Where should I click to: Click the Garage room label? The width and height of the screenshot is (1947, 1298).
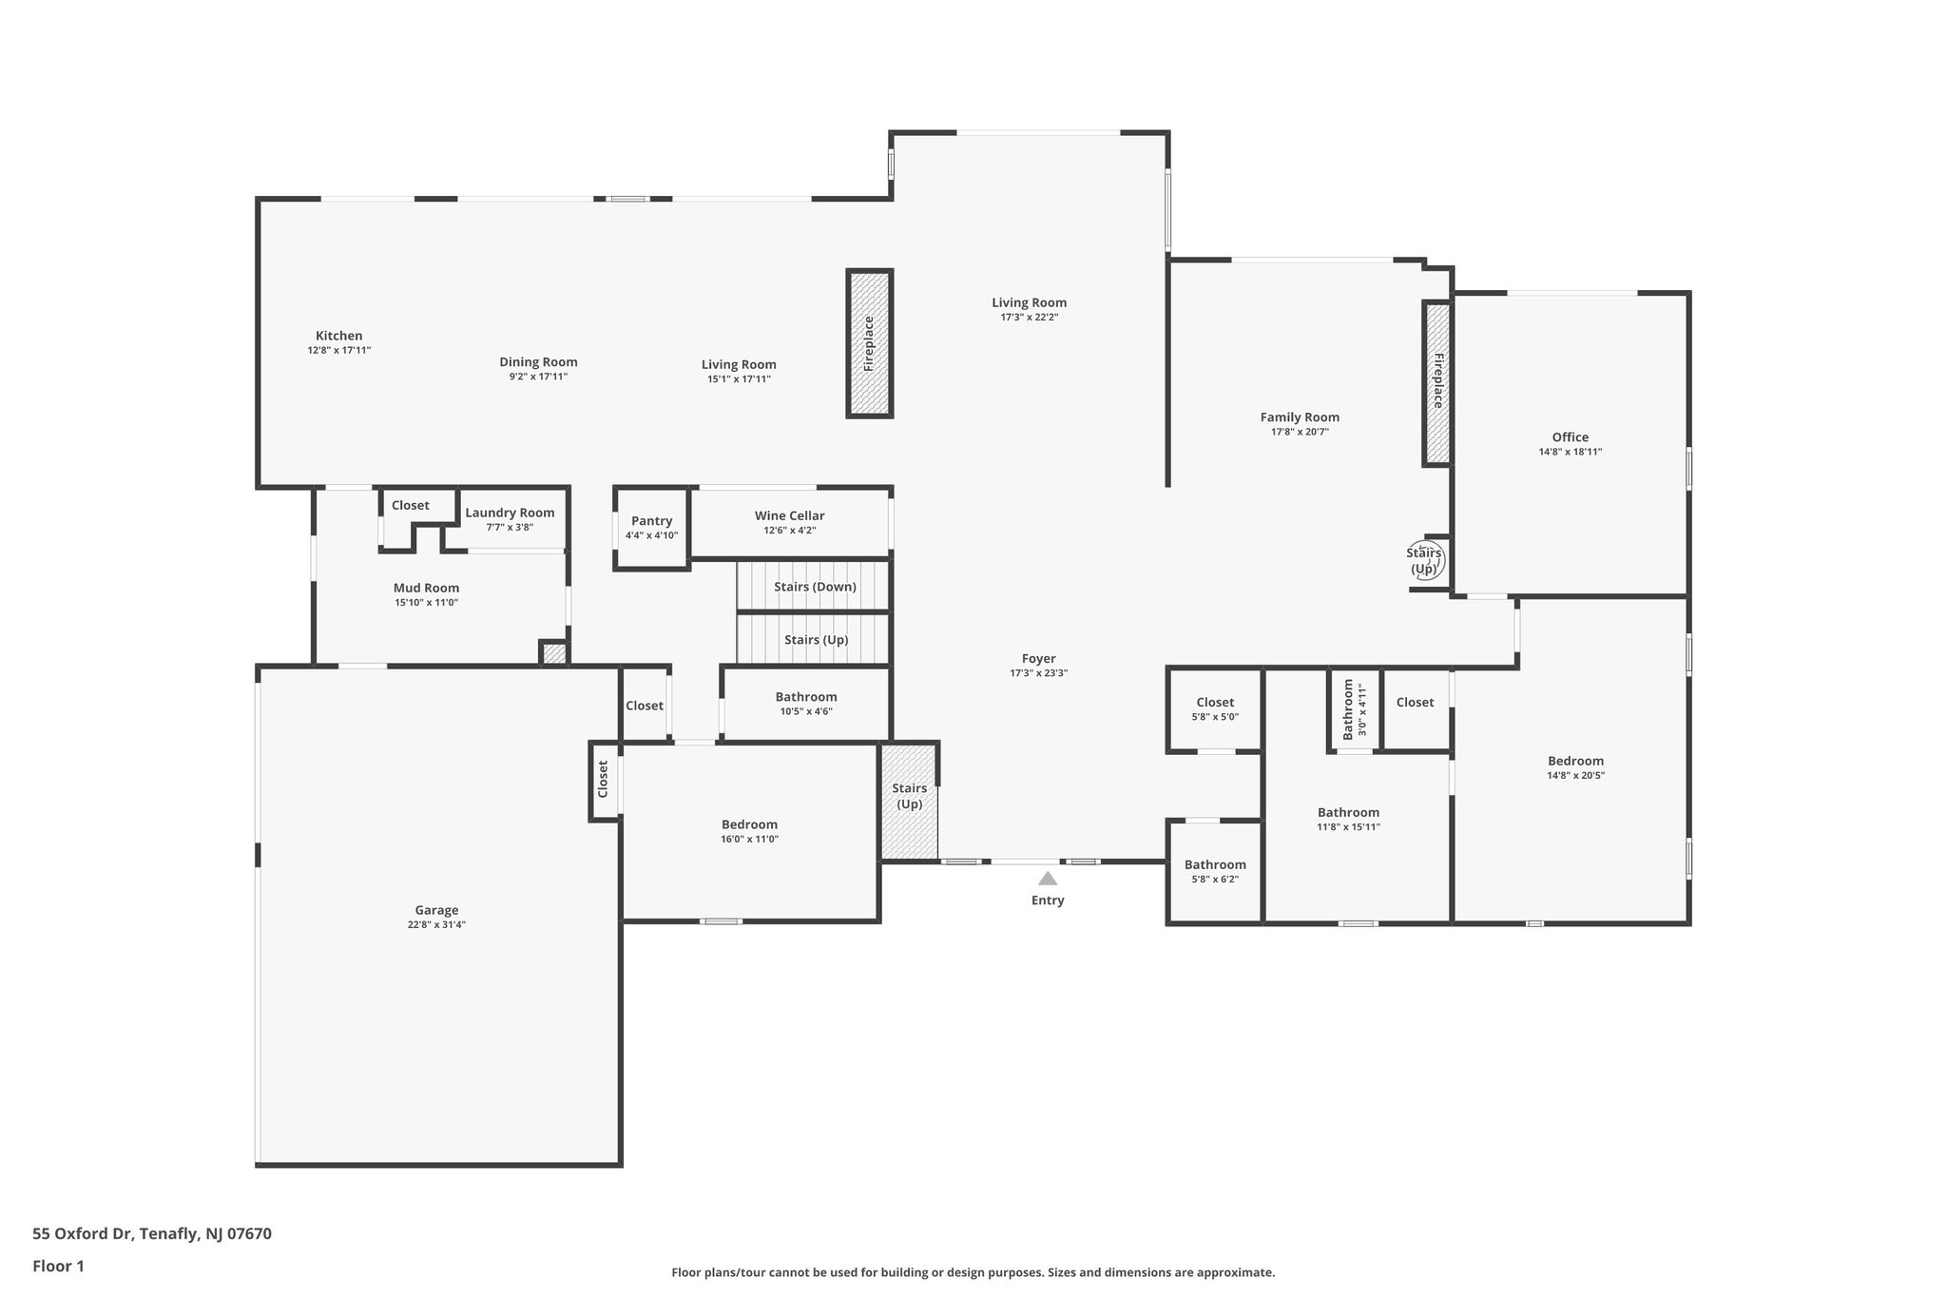pos(436,910)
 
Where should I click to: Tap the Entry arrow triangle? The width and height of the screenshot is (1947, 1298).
pos(1047,879)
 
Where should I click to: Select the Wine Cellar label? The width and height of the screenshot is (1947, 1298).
pos(789,515)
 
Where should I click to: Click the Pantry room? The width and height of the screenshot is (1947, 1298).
pos(651,528)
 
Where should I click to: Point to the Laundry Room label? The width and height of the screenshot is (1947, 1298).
pos(510,513)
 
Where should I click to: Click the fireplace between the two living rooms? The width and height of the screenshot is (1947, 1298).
pos(869,343)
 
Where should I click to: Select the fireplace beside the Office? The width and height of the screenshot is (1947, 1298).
pos(1436,383)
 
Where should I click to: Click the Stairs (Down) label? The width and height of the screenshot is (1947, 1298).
pos(815,587)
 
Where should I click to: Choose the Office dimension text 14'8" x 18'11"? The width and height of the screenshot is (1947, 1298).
pos(1570,452)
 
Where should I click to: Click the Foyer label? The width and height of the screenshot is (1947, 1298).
pos(1038,658)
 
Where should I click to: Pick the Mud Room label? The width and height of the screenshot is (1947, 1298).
pos(426,588)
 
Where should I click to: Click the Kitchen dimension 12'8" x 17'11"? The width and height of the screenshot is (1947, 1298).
pos(338,350)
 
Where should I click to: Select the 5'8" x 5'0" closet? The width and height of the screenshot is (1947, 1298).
pos(1214,709)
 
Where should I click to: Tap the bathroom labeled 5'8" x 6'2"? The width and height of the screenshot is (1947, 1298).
pos(1214,871)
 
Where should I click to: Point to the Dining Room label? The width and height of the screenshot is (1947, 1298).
pos(538,361)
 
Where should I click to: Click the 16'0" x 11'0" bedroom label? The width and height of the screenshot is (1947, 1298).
pos(749,824)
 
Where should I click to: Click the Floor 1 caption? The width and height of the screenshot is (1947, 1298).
pos(58,1266)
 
